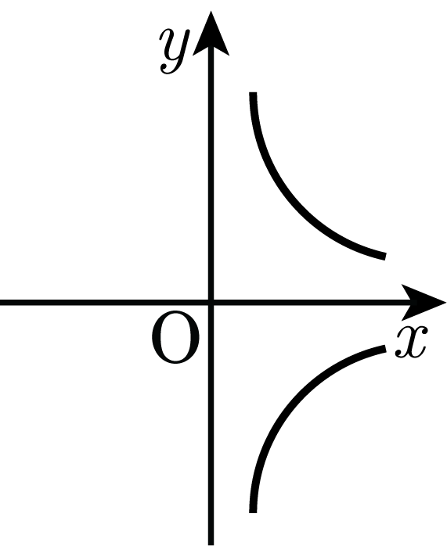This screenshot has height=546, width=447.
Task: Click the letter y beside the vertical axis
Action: (x=174, y=51)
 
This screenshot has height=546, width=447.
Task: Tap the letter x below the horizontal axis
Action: (x=411, y=343)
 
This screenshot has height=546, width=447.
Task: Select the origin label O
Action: (x=175, y=338)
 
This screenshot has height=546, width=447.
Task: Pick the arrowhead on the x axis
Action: (x=424, y=302)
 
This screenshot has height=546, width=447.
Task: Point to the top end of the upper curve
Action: (x=253, y=92)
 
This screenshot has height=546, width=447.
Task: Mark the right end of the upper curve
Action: (x=385, y=257)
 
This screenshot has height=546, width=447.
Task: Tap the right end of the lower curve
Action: (x=385, y=348)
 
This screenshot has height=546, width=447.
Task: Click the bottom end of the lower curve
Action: (x=253, y=512)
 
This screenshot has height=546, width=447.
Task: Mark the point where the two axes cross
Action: (x=211, y=302)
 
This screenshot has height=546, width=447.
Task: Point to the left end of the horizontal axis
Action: (x=1, y=302)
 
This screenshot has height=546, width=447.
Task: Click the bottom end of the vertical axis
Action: (x=211, y=545)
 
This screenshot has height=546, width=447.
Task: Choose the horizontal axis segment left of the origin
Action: (x=105, y=302)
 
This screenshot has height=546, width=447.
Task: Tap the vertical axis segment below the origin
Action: (x=211, y=424)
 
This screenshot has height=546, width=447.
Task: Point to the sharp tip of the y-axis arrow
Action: (x=211, y=11)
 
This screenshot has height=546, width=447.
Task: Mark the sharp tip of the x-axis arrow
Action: (x=446, y=302)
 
